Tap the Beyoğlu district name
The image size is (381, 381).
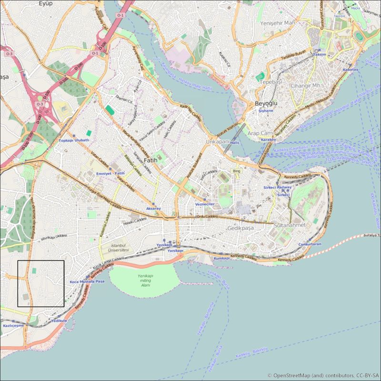click(266, 103)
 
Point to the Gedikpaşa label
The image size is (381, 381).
click(241, 229)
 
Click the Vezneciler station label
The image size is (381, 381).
click(205, 204)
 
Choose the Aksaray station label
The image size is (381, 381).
click(153, 209)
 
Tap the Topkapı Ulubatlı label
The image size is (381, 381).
click(74, 140)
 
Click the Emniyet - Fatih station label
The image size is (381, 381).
click(110, 173)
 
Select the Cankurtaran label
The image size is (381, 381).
click(310, 244)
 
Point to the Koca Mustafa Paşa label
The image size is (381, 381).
click(87, 281)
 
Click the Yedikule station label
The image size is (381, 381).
click(59, 321)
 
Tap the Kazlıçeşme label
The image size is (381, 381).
click(13, 325)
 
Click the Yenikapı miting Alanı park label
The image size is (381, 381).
click(145, 281)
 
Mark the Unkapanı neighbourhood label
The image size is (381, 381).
click(217, 142)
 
